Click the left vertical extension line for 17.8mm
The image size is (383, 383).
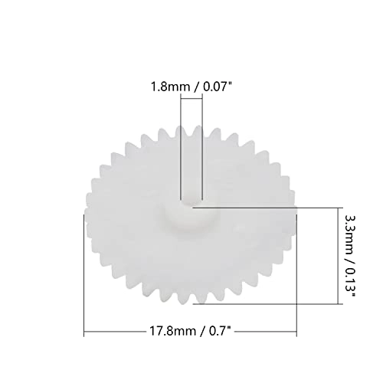click(83, 276)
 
